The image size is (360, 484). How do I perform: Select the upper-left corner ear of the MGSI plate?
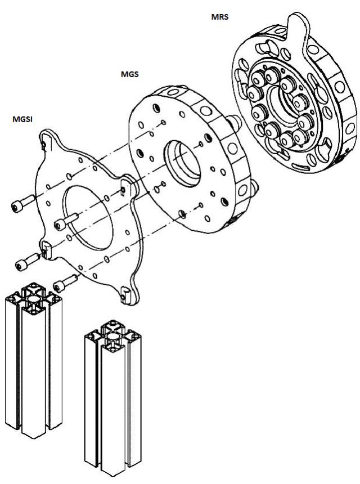46,143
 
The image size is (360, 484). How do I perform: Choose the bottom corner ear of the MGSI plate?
124,293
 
